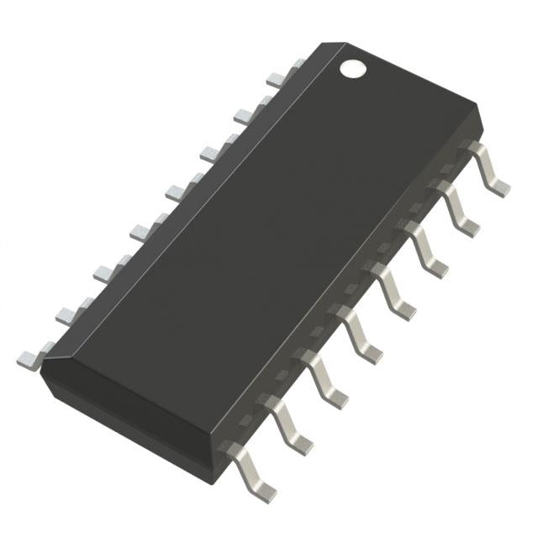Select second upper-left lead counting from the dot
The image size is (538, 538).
pyautogui.click(x=245, y=114)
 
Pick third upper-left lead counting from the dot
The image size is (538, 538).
pyautogui.click(x=211, y=152)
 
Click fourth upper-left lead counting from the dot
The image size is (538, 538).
pyautogui.click(x=177, y=191)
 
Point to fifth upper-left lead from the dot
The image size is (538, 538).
pyautogui.click(x=141, y=230)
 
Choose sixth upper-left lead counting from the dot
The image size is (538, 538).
pyautogui.click(x=106, y=271)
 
